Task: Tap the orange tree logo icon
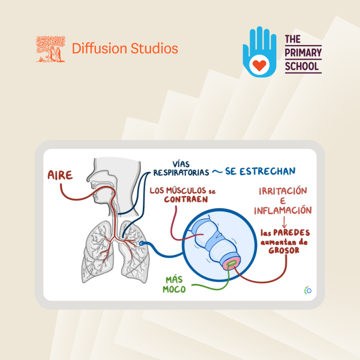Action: [x=51, y=49]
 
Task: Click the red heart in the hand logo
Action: [x=259, y=65]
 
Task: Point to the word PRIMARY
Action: [x=303, y=53]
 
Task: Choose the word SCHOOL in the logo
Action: [x=302, y=66]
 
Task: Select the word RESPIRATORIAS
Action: [x=181, y=173]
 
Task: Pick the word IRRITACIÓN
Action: [x=283, y=191]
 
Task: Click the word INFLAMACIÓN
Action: [x=283, y=210]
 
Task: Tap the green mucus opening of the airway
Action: [x=232, y=264]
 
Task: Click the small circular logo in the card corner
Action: [x=308, y=290]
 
